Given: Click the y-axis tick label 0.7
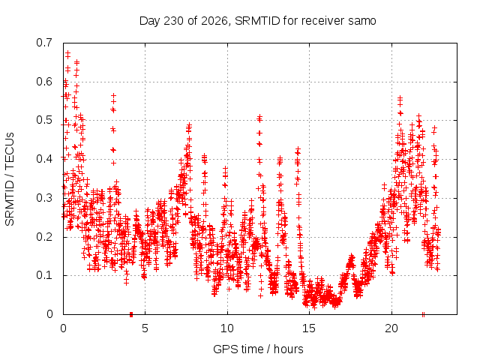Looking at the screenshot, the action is click(44, 43).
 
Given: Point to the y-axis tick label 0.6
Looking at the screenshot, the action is click(44, 82).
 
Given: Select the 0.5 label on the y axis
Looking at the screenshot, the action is click(44, 120).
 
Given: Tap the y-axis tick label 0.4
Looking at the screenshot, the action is click(44, 159).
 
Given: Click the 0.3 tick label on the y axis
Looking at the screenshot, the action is click(44, 198).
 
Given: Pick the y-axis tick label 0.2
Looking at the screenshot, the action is click(44, 237).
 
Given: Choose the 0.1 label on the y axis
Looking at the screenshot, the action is click(44, 275).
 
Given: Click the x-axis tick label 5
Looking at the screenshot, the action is click(145, 328).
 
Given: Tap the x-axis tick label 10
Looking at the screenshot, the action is click(227, 328).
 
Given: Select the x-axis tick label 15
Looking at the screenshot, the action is click(309, 328).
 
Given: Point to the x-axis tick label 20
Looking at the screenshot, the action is click(391, 328).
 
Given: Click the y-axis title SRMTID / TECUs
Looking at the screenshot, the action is click(10, 179).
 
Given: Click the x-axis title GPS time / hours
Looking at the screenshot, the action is click(258, 349).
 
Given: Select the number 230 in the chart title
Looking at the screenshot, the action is click(173, 21).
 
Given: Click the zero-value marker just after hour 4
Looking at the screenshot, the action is click(131, 314).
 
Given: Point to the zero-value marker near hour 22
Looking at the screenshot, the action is click(423, 314).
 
